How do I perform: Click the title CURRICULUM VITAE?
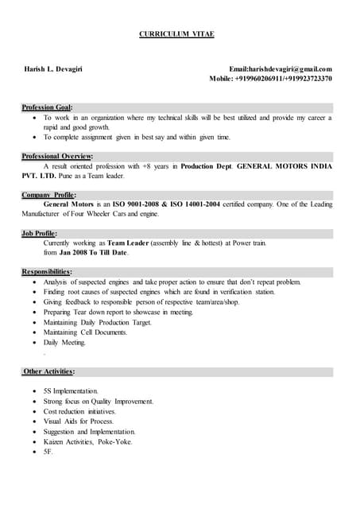click(x=177, y=34)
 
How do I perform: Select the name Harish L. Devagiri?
click(x=53, y=69)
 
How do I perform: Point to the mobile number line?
click(x=270, y=79)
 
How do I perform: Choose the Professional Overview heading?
click(x=57, y=156)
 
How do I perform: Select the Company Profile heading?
click(x=50, y=194)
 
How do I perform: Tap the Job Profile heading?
click(x=40, y=232)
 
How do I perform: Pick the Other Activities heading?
click(x=49, y=371)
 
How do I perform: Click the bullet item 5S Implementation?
click(x=72, y=391)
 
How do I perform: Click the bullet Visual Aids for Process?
click(x=79, y=422)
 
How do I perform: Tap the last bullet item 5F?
click(x=48, y=452)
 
